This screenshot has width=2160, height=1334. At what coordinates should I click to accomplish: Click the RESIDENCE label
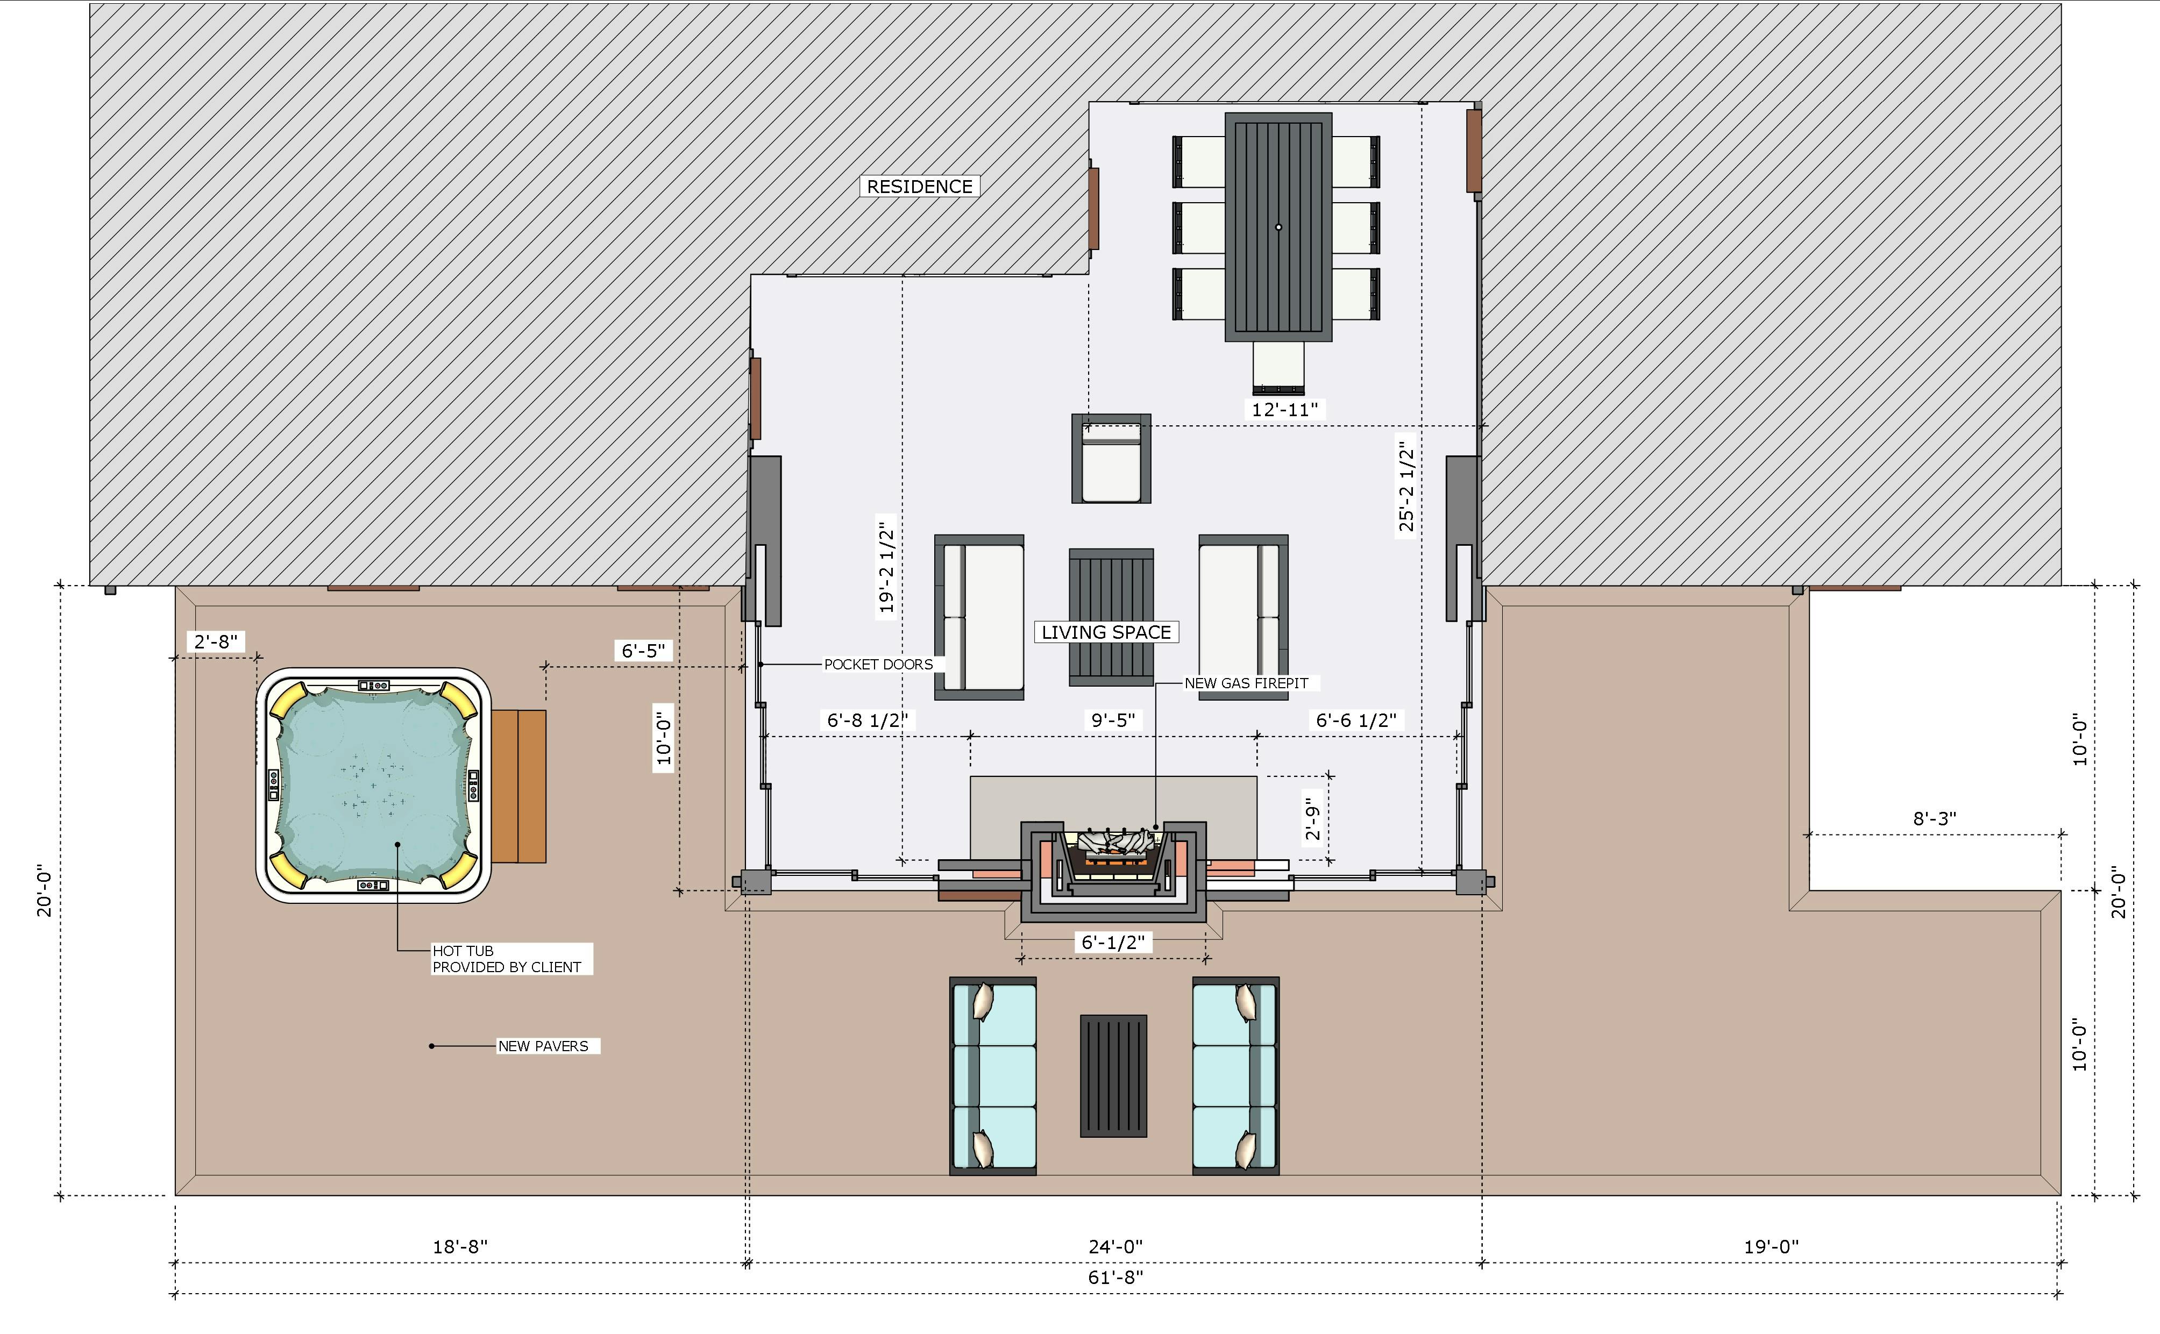coord(919,186)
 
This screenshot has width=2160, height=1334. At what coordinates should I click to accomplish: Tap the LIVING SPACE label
coord(1106,632)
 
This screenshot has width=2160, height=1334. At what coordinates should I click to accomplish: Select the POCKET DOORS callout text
coord(878,665)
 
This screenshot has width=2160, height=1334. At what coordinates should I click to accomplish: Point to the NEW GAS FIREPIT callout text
coord(1246,683)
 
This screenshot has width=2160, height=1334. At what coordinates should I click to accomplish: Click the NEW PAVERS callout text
coord(543,1045)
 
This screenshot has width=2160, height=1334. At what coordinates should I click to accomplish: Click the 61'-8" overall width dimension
coord(1115,1276)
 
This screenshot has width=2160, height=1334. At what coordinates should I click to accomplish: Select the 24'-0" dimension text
coord(1115,1247)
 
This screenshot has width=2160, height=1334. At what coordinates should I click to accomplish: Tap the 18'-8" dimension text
coord(460,1247)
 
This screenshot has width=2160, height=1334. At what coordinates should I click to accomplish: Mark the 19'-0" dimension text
coord(1771,1247)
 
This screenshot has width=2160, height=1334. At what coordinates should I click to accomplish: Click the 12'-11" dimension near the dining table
coord(1285,409)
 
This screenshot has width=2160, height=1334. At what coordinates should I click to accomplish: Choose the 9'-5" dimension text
coord(1113,720)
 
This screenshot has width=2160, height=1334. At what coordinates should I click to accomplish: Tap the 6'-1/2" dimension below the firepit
coord(1113,942)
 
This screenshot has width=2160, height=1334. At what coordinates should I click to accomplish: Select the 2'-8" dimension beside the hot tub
coord(216,641)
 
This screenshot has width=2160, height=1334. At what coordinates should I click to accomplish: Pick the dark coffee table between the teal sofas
coord(1113,1075)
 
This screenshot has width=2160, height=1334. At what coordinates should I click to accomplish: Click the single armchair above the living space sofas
coord(1111,459)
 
